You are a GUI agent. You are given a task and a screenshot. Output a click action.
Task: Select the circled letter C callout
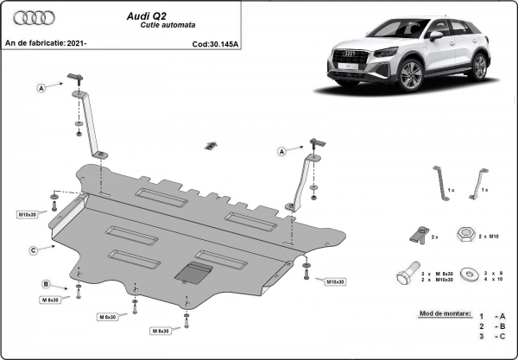32,250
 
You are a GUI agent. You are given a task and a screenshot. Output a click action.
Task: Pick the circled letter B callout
45,284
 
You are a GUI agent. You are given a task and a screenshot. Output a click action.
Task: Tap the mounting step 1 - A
490,317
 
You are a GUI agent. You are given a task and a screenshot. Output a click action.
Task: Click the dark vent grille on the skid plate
192,273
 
